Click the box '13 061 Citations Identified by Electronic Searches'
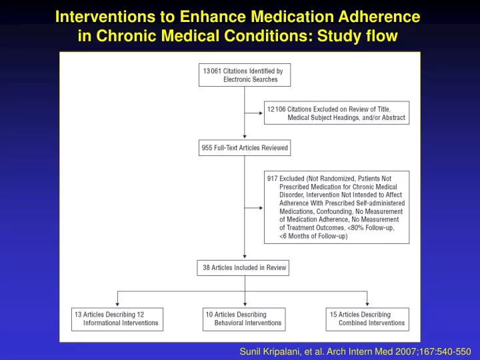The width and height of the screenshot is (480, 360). [245, 75]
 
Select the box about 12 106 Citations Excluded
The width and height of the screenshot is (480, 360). [336, 113]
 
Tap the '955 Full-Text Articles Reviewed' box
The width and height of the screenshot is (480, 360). [245, 148]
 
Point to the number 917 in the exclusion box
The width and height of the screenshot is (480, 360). [272, 179]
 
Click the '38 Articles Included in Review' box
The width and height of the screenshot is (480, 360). [245, 268]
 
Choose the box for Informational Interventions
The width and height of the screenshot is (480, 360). [117, 319]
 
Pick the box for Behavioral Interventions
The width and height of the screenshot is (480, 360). [244, 319]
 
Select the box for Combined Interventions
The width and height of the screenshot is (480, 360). [367, 319]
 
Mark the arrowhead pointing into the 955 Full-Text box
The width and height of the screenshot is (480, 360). [245, 137]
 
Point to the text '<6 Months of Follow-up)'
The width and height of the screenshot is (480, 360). [313, 237]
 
